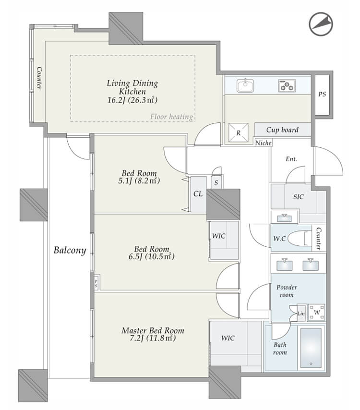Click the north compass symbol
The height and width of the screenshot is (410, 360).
321,24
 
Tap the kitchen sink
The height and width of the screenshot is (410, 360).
245,85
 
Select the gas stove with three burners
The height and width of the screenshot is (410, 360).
287,85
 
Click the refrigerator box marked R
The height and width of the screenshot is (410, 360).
238,133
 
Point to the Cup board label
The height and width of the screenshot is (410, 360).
282,130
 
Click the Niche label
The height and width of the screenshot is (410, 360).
263,143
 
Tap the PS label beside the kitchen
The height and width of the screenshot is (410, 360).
322,94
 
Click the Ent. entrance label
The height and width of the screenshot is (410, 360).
291,159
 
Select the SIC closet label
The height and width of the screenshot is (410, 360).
299,197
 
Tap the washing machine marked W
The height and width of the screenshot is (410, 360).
317,312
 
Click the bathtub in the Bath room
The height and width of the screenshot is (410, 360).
311,348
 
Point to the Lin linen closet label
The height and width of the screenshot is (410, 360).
301,313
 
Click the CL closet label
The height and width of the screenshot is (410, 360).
198,194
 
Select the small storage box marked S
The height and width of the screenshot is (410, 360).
216,182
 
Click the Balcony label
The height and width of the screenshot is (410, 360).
70,250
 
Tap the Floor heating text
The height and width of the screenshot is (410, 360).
171,117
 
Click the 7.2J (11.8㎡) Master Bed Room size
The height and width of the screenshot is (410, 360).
153,338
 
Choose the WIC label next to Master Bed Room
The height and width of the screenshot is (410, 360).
228,338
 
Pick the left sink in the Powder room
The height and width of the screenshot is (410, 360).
285,265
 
